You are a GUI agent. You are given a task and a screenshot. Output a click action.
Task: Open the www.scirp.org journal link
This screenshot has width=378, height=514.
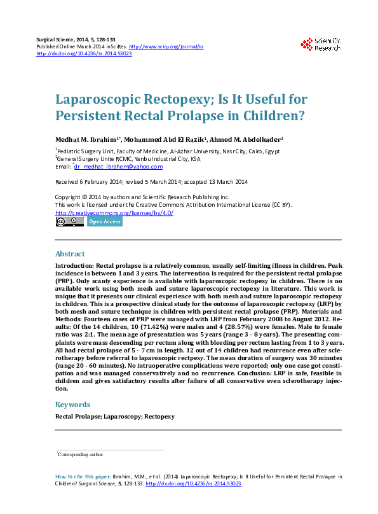coord(166,47)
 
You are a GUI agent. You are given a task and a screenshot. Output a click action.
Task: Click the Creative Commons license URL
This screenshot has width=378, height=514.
coord(114,212)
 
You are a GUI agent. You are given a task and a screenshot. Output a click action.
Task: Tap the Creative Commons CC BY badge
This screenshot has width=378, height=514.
coord(69,222)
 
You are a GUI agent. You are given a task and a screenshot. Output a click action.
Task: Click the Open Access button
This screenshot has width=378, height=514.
coord(104,222)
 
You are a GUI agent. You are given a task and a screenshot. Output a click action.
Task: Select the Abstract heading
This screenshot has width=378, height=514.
coord(70,253)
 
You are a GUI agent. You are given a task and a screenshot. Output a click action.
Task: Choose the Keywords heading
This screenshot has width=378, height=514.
coord(72,405)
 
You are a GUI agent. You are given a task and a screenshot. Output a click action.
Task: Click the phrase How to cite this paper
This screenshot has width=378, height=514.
coord(83,476)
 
